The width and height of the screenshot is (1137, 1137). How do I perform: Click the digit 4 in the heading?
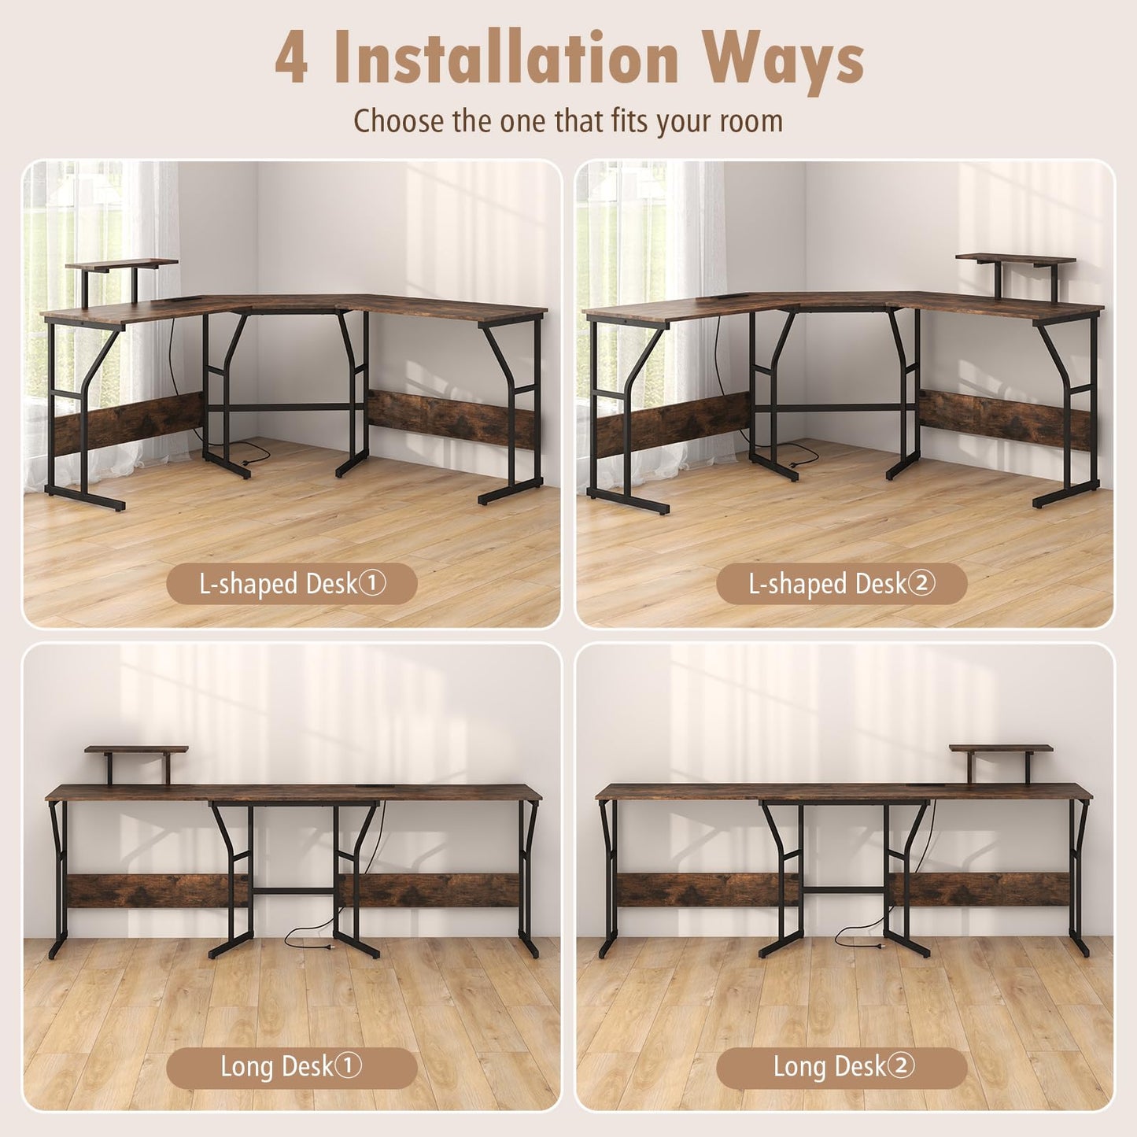(x=292, y=57)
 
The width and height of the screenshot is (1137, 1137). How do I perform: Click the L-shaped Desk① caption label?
(x=291, y=584)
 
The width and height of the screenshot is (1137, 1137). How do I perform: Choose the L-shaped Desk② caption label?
(x=841, y=584)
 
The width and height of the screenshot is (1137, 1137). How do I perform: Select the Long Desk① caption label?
(x=291, y=1067)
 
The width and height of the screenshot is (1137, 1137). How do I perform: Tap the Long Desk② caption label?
(x=841, y=1067)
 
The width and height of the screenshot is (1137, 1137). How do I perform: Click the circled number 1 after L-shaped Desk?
(x=373, y=584)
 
